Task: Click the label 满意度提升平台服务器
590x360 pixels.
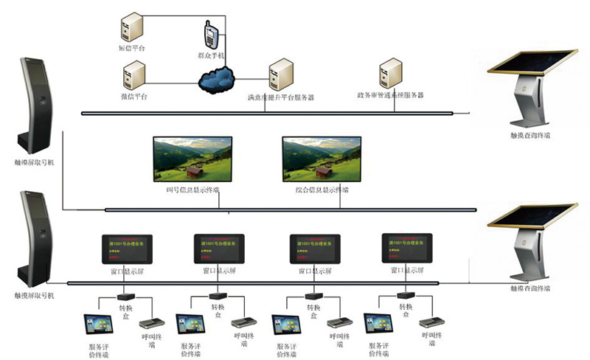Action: point(281,97)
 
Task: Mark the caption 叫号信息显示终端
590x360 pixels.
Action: point(192,190)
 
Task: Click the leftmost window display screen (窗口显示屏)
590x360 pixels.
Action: point(128,249)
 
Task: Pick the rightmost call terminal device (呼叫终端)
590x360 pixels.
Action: point(431,323)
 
